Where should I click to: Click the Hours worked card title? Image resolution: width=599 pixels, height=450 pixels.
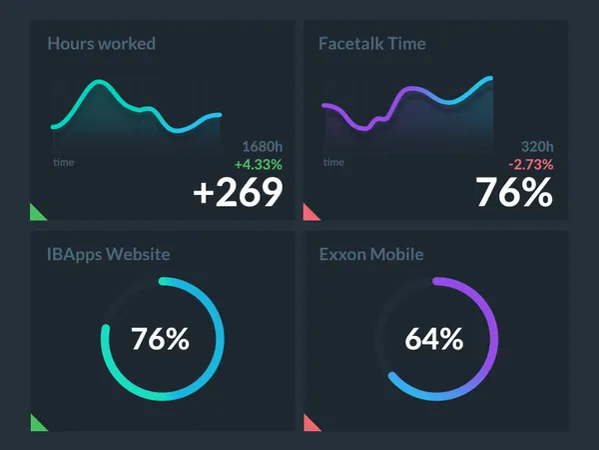click(x=101, y=44)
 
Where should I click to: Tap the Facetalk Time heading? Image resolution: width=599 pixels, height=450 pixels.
click(x=371, y=44)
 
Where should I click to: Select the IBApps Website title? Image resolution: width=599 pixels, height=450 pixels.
click(x=108, y=255)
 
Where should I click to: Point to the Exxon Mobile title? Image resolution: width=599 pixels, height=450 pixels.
click(x=370, y=255)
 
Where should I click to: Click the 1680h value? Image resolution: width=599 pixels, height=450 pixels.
click(x=263, y=146)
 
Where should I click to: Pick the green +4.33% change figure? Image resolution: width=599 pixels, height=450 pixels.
click(x=259, y=164)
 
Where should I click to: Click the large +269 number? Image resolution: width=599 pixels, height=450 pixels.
click(x=238, y=192)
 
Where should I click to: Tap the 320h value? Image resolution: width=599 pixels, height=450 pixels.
click(x=536, y=146)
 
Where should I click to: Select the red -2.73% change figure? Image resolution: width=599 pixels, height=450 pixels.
click(x=530, y=164)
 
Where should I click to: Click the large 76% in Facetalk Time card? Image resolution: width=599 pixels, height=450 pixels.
click(x=513, y=192)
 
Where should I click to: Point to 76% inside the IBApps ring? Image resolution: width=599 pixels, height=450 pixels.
click(x=162, y=339)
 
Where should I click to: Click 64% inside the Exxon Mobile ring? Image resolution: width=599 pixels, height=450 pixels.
click(x=434, y=339)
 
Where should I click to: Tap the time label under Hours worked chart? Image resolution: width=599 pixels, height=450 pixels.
click(x=63, y=162)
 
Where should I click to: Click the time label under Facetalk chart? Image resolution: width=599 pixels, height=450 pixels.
click(x=333, y=162)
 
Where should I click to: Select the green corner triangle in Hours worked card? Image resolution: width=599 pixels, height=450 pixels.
click(x=36, y=212)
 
